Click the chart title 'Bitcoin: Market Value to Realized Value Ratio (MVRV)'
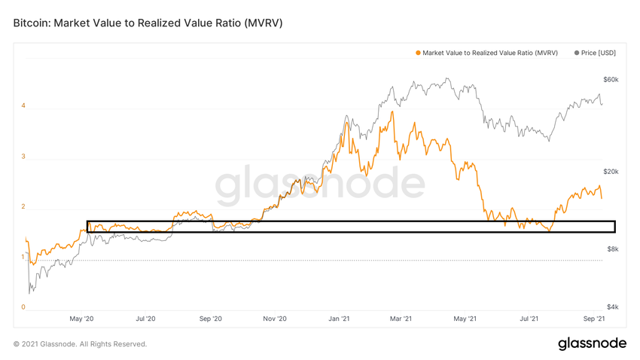click(148, 23)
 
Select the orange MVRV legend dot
click(418, 53)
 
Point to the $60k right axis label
click(611, 80)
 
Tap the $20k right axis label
click(611, 172)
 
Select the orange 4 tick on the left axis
click(23, 106)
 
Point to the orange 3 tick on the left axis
click(23, 157)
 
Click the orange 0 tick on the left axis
click(23, 307)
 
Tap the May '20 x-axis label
click(81, 319)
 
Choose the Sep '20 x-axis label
click(212, 319)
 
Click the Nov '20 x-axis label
click(276, 319)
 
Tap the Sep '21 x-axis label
click(595, 319)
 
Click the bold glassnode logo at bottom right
click(592, 343)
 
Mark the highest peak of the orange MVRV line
click(392, 111)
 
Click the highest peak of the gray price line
click(448, 78)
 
